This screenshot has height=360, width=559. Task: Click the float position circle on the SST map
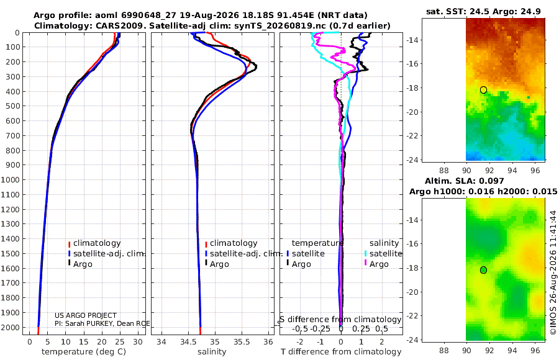(483, 90)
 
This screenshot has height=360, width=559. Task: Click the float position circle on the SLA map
(483, 270)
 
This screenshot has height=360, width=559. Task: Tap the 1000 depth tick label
(10, 179)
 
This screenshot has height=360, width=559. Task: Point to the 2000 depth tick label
(10, 327)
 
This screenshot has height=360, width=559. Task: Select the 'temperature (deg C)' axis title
(84, 352)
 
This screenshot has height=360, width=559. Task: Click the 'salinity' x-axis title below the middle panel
(212, 352)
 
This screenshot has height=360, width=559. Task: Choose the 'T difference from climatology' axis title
(341, 352)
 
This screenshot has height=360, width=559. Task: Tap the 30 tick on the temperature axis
(138, 342)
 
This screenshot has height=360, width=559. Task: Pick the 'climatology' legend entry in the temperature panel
(94, 243)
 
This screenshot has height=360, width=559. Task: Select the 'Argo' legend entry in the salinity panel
(216, 264)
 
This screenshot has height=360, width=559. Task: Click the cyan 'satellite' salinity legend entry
(383, 253)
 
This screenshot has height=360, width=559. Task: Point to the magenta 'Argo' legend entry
(376, 264)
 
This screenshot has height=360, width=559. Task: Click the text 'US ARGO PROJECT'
(86, 315)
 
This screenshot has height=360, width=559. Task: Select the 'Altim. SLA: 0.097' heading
(464, 181)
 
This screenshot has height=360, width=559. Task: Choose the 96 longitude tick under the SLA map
(535, 351)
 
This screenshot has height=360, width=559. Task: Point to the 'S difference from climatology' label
(340, 320)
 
